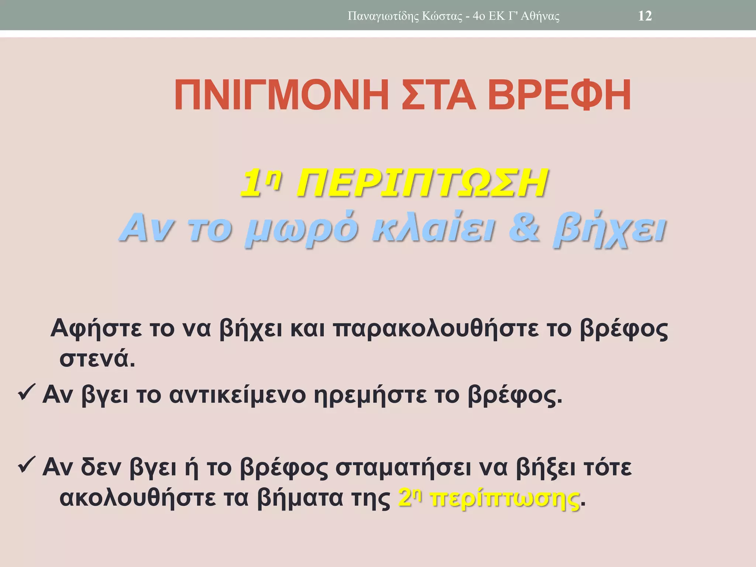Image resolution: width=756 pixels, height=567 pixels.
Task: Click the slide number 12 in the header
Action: (x=645, y=16)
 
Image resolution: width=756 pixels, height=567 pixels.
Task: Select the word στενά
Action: (x=97, y=359)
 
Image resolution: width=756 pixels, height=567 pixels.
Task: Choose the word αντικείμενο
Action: (x=237, y=395)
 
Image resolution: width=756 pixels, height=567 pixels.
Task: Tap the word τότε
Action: (x=606, y=467)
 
